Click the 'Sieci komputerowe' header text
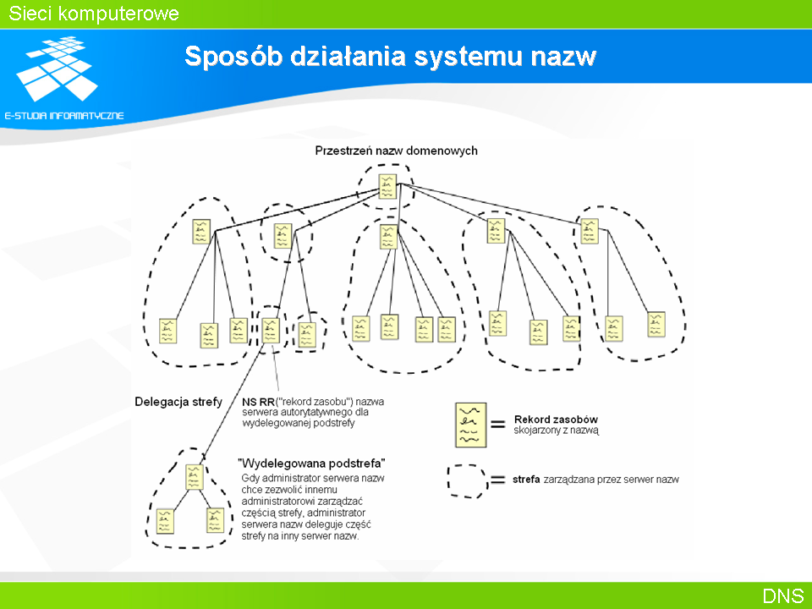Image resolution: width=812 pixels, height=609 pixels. [x=94, y=14]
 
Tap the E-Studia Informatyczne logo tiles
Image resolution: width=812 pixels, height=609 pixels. [x=57, y=69]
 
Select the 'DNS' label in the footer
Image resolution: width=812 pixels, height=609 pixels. [x=782, y=596]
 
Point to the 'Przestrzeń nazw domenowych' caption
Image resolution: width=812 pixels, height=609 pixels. [x=396, y=151]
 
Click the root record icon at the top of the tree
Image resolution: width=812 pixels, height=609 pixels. [x=387, y=186]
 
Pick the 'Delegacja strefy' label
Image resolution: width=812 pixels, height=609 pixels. [x=178, y=402]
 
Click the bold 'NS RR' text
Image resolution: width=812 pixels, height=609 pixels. [x=258, y=402]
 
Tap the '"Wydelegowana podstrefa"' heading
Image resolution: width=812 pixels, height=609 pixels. [x=311, y=463]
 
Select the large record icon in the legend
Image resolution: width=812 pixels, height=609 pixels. [x=471, y=425]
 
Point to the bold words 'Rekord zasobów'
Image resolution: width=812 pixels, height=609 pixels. [x=556, y=420]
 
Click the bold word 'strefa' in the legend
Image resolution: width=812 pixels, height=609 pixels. [x=526, y=480]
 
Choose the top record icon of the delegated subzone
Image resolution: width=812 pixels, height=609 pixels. [x=195, y=477]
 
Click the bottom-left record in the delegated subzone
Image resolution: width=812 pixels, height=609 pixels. [x=165, y=522]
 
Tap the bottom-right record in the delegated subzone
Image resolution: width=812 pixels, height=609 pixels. [x=215, y=520]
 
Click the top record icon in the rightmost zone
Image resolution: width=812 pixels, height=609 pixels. [x=590, y=231]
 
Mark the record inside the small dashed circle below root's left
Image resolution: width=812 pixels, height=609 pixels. [x=283, y=236]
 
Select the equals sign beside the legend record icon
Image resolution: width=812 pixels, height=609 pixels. [x=497, y=425]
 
